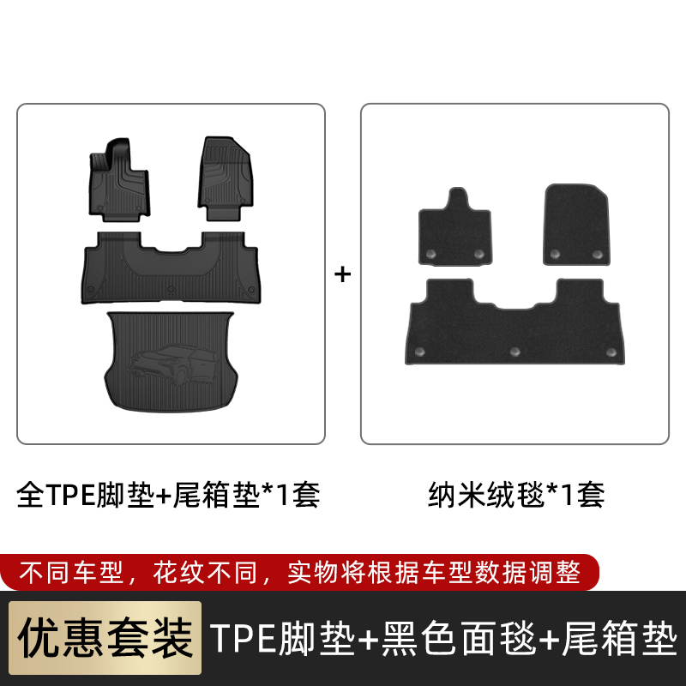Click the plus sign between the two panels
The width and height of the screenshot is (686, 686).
click(x=342, y=274)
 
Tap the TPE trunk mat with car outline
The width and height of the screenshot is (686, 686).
click(x=171, y=361)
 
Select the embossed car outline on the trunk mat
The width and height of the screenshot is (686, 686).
click(x=174, y=364)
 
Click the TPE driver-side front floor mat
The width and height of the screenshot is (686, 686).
click(x=119, y=180)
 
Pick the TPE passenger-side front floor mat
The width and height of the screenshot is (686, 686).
click(x=225, y=178)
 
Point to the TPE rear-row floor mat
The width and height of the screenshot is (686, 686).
click(x=171, y=268)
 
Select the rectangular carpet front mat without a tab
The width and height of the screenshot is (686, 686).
click(x=576, y=225)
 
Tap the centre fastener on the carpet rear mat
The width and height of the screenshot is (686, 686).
click(x=515, y=352)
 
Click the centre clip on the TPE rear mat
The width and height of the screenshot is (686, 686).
click(x=171, y=289)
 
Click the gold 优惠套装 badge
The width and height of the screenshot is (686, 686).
click(x=105, y=638)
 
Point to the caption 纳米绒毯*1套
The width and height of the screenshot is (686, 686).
click(x=516, y=495)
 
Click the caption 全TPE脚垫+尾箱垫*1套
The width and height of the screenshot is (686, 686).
click(x=168, y=495)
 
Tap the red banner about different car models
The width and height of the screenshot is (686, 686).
click(x=299, y=572)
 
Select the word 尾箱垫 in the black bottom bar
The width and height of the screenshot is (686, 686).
click(x=620, y=638)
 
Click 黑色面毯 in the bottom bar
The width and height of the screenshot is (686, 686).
click(x=459, y=638)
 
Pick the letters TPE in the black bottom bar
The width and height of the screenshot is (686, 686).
click(x=244, y=638)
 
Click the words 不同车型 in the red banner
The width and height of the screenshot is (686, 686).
click(x=71, y=572)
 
